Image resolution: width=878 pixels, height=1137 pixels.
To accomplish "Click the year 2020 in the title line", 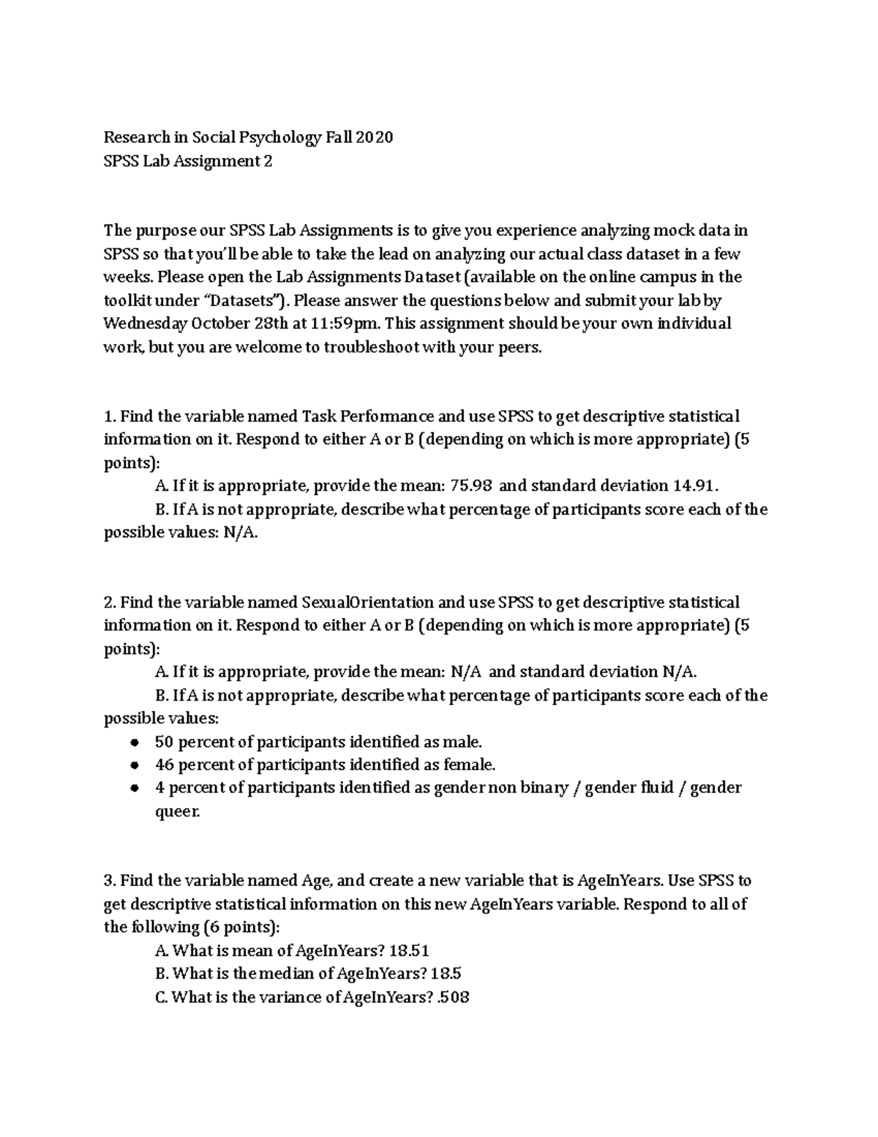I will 375,138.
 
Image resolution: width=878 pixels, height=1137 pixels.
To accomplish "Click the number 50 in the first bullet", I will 164,742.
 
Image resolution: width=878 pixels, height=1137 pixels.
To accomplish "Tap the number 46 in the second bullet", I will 164,765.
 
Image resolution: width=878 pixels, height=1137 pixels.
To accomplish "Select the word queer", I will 176,812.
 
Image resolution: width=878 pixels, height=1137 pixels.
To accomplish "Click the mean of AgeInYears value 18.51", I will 410,951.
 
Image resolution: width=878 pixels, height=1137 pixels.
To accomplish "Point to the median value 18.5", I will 446,974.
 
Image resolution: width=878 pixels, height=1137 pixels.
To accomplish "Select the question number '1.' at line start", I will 110,417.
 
